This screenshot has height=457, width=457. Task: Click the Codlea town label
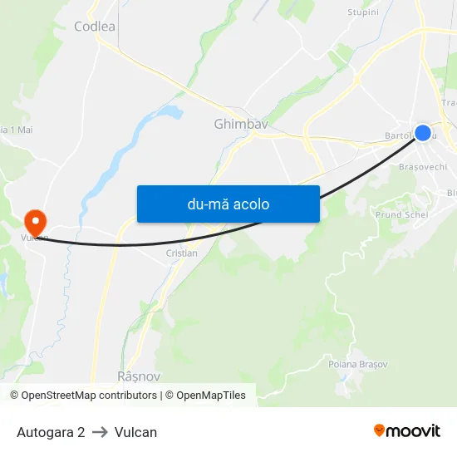click(x=94, y=27)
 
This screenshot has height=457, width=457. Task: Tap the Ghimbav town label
click(x=241, y=125)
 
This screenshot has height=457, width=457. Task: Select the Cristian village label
click(x=182, y=253)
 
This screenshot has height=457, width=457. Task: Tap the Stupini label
click(x=362, y=12)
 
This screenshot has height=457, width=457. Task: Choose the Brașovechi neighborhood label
click(x=423, y=166)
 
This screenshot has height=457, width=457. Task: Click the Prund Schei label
click(x=401, y=214)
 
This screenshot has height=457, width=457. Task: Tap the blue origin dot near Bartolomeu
click(x=423, y=133)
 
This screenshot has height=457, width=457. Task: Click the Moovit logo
click(x=406, y=430)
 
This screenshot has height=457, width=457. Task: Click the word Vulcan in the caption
click(x=136, y=432)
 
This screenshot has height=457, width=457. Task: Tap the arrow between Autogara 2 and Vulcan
click(x=100, y=432)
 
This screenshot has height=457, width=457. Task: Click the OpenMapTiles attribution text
click(x=211, y=396)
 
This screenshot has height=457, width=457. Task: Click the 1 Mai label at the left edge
click(x=18, y=130)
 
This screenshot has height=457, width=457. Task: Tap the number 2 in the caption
click(x=81, y=432)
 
